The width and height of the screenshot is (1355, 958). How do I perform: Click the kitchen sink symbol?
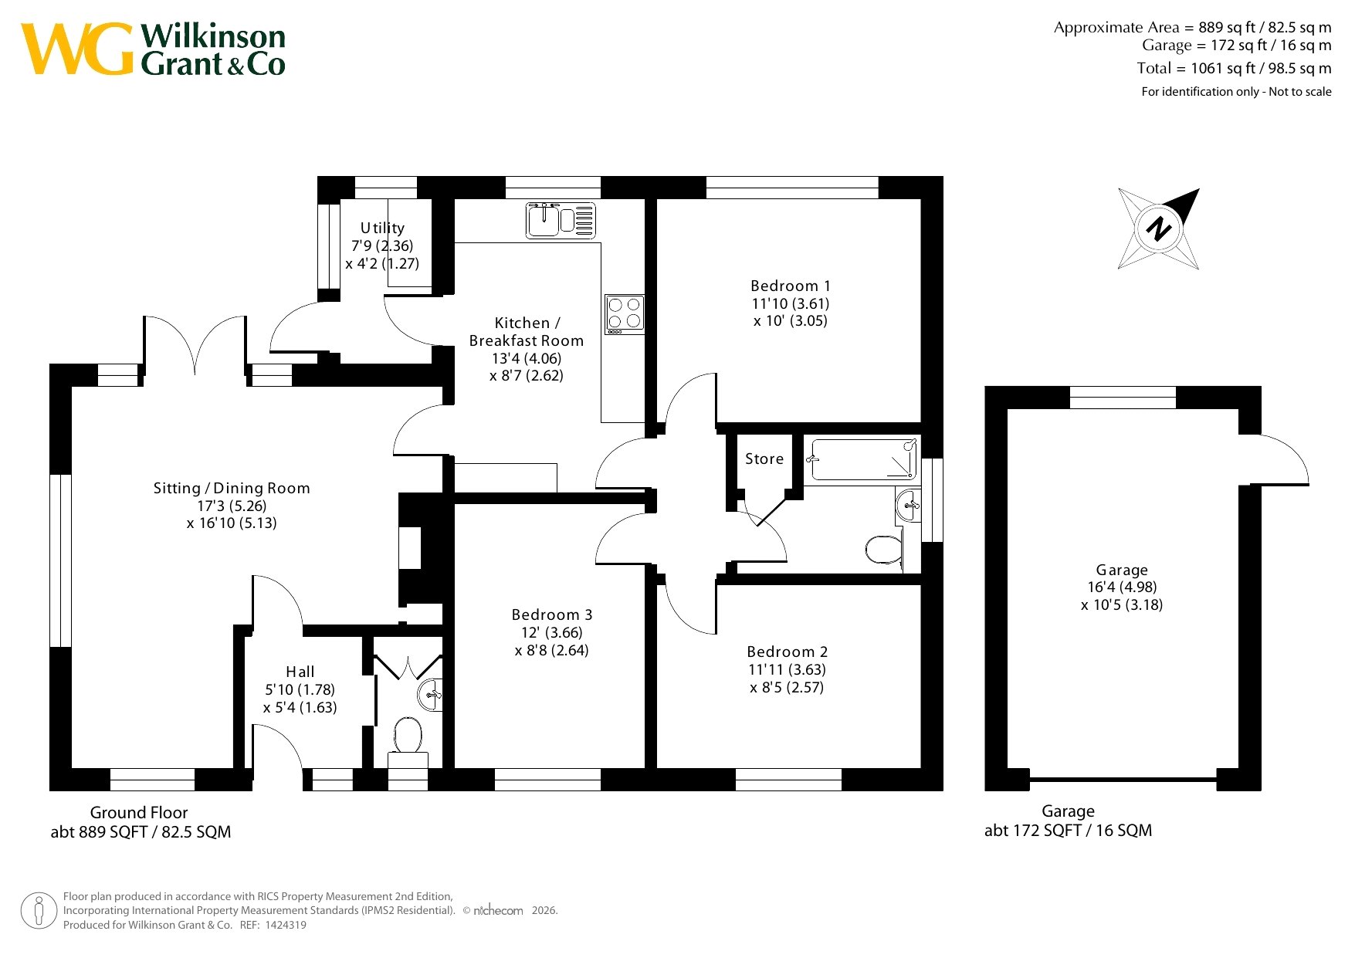[561, 220]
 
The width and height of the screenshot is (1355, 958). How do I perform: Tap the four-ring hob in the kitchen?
[625, 314]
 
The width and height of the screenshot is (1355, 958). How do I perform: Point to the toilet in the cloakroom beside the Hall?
[408, 736]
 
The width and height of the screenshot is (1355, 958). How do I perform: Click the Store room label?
[764, 459]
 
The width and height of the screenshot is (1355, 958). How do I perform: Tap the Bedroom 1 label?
[791, 286]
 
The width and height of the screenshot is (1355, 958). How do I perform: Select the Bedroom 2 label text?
[788, 652]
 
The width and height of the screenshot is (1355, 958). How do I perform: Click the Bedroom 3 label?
[552, 614]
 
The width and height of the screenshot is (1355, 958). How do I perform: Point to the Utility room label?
[382, 228]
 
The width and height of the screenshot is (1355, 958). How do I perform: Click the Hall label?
[300, 672]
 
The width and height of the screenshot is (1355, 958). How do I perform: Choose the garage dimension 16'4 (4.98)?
[1122, 587]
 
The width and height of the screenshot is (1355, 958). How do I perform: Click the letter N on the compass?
[1158, 228]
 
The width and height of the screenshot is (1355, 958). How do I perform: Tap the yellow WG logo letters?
[77, 49]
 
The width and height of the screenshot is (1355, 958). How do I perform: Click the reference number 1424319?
[285, 925]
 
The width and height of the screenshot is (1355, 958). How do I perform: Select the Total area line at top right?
[1234, 68]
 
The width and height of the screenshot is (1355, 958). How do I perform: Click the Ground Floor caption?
[139, 812]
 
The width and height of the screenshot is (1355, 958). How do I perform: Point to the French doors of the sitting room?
[194, 344]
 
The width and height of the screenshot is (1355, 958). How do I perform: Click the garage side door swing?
[1278, 459]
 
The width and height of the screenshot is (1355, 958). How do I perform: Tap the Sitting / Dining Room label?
[232, 488]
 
